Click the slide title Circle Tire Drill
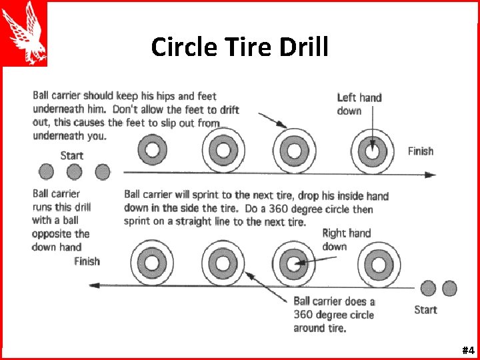[x=239, y=47]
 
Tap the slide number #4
[x=467, y=350]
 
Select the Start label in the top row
[x=71, y=155]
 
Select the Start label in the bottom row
[x=425, y=309]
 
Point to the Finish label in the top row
[x=420, y=151]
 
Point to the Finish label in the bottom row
[x=87, y=261]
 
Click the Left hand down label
[x=359, y=104]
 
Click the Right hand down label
[x=346, y=240]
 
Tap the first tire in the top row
[x=153, y=149]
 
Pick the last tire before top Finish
[x=371, y=151]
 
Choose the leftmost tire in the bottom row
[x=151, y=262]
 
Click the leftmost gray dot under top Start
[x=46, y=172]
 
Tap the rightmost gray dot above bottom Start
[x=450, y=288]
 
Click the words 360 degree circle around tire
[x=333, y=315]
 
